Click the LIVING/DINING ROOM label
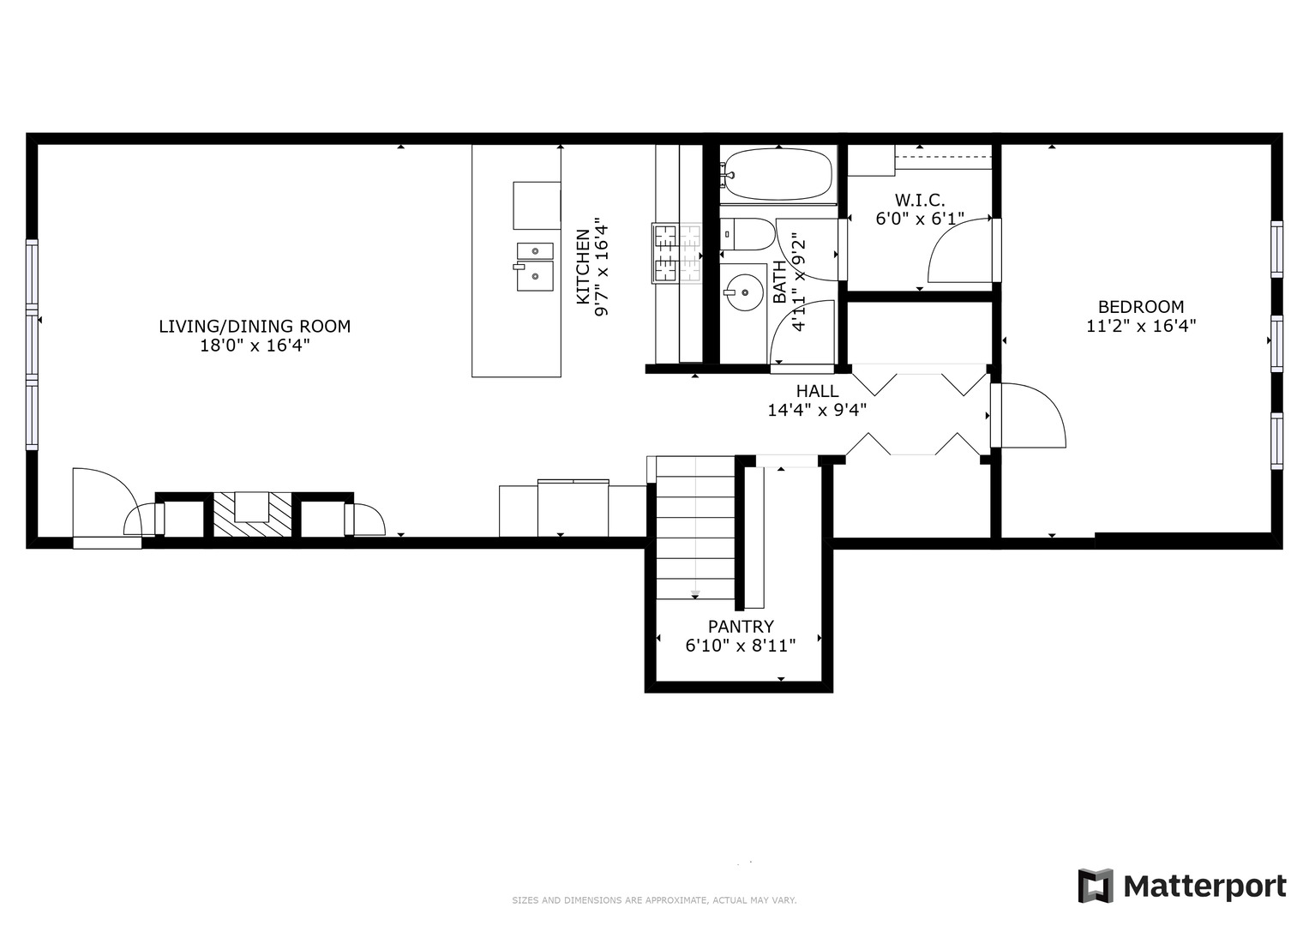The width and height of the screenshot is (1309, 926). [x=255, y=327]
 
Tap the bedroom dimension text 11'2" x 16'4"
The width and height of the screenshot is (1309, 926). [x=1140, y=327]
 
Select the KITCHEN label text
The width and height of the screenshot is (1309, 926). [x=583, y=267]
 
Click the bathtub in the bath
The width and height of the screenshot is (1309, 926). [x=777, y=175]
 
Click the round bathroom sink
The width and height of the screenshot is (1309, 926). [x=742, y=292]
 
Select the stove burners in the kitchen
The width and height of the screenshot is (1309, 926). [x=676, y=252]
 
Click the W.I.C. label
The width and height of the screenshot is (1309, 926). [x=920, y=200]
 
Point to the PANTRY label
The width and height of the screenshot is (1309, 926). [x=741, y=627]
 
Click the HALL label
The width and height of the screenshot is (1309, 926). [x=817, y=392]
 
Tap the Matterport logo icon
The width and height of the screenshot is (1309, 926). [x=1095, y=886]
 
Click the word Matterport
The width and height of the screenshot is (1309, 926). [x=1204, y=887]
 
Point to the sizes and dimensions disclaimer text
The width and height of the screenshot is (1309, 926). [x=654, y=900]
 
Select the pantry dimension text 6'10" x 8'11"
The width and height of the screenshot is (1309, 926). [x=741, y=646]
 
